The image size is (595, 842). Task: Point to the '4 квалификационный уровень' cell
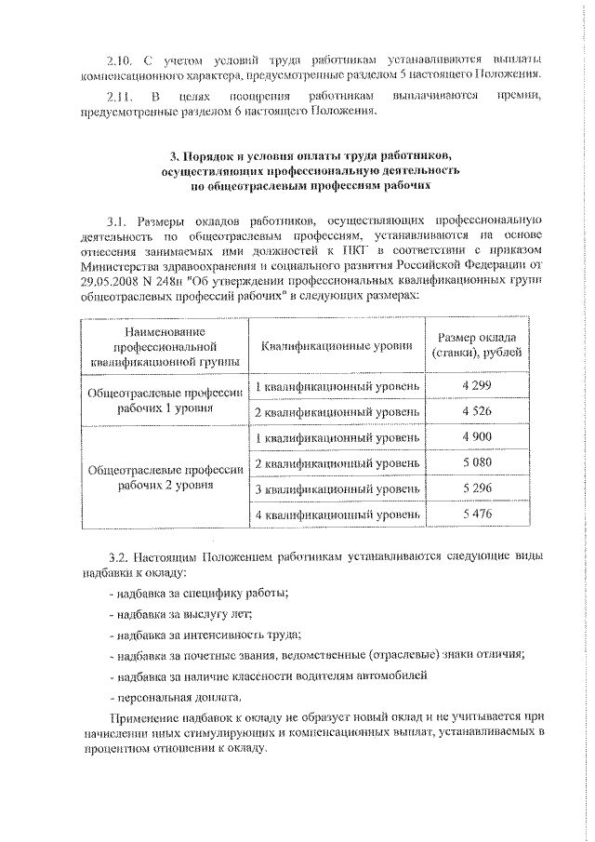[x=337, y=515]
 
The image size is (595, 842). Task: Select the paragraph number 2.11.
[x=122, y=96]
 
